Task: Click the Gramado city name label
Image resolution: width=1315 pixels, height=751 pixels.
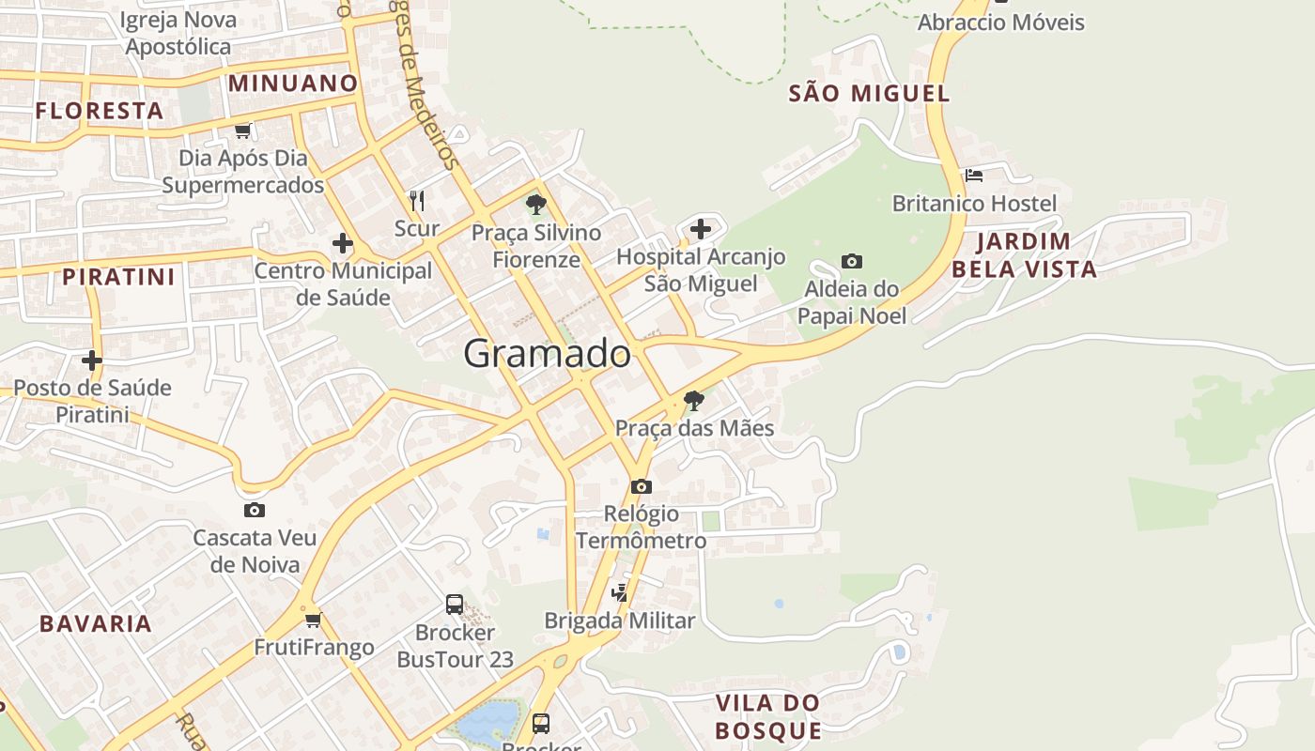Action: (x=547, y=354)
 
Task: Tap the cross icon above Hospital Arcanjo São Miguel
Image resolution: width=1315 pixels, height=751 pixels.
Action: (x=701, y=228)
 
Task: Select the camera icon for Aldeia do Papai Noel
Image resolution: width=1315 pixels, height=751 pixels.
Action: (x=852, y=261)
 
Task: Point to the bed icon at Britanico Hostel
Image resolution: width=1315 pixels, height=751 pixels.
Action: (x=974, y=176)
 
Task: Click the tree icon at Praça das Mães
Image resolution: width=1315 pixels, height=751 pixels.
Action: (x=694, y=401)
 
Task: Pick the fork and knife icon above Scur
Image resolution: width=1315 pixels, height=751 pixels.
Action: (x=417, y=200)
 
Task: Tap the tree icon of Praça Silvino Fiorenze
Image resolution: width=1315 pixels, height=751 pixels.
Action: (x=535, y=204)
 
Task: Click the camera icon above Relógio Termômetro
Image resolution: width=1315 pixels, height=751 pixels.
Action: (x=642, y=486)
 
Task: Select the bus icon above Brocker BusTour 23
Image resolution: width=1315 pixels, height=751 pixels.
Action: (x=455, y=604)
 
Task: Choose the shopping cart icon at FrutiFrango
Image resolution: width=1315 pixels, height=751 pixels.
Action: (x=313, y=620)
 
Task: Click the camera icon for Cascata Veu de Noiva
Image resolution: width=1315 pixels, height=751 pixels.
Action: (x=255, y=511)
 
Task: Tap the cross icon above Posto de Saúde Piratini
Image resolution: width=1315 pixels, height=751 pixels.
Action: (x=92, y=360)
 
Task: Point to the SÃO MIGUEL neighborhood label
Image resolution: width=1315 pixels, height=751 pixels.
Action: (x=869, y=93)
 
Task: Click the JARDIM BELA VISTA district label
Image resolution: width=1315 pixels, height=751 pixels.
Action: (x=1024, y=255)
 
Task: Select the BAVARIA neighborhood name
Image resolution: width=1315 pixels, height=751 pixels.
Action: (x=95, y=623)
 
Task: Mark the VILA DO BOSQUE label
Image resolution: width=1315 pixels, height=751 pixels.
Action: (x=767, y=716)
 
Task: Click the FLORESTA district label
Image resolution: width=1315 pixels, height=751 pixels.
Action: (x=100, y=111)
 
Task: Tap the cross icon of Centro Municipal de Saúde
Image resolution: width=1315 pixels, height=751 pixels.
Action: (x=343, y=244)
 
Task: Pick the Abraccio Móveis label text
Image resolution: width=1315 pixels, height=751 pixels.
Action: (x=1000, y=23)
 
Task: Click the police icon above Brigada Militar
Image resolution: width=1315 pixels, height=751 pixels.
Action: (x=619, y=592)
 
